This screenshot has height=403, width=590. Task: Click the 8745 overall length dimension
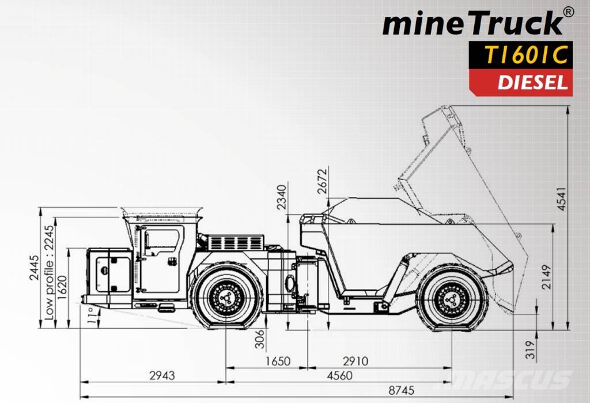[x=402, y=390]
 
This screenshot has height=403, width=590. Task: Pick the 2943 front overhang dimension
[x=161, y=376]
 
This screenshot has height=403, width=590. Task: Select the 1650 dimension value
[x=277, y=362]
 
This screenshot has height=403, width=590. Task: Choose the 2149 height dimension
[x=547, y=277]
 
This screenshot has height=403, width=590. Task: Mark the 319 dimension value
[x=531, y=349]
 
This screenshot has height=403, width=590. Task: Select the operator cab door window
[x=162, y=241]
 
